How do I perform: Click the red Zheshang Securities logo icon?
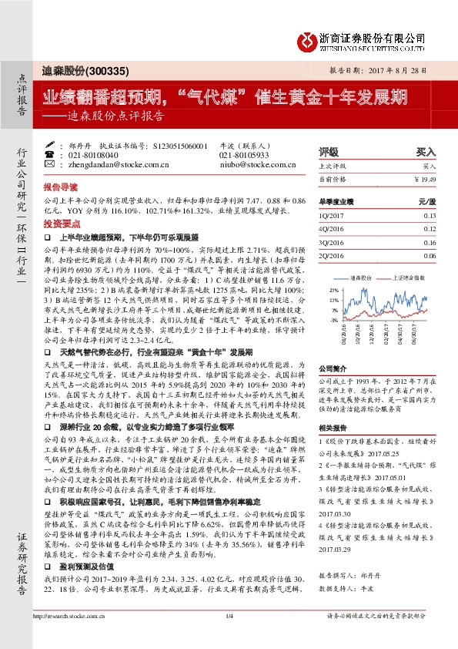307,38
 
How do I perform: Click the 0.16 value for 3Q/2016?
429,241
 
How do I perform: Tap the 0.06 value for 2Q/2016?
429,255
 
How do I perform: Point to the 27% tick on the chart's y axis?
335,290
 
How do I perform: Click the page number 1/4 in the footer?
229,637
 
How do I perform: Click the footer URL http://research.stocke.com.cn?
75,637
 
